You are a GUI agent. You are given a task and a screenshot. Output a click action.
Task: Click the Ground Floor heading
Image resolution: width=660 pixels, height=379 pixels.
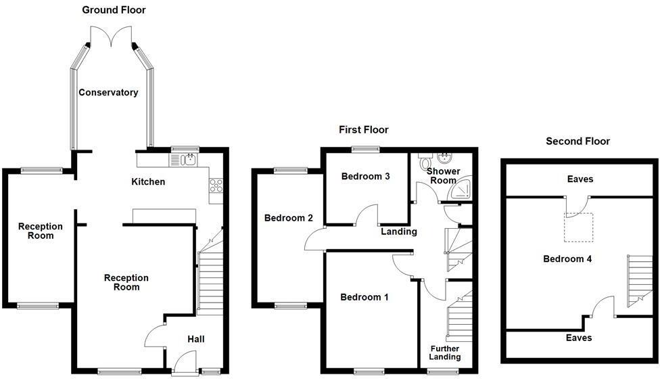tap(114, 9)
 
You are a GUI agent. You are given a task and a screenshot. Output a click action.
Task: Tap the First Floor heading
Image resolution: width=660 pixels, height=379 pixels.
tap(364, 129)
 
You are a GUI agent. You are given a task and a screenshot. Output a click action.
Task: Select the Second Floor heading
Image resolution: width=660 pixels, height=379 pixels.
tap(577, 141)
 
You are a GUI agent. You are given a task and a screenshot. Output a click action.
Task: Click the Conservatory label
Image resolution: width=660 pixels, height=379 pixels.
tap(108, 93)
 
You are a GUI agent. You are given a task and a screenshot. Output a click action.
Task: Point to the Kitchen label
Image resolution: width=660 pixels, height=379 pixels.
tap(147, 182)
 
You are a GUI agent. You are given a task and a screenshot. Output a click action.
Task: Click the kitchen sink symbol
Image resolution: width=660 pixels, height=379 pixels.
tap(183, 160)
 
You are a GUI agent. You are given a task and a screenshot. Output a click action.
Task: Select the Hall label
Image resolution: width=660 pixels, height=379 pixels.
tap(195, 339)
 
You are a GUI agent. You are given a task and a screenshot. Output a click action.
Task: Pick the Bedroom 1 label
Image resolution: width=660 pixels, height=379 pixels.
tap(364, 297)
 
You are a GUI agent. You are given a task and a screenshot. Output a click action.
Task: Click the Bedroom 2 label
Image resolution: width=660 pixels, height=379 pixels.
tap(288, 218)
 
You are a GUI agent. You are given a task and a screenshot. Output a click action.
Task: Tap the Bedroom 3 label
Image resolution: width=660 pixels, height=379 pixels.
tap(365, 177)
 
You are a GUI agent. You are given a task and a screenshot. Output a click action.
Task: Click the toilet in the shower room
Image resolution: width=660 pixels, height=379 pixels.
tap(425, 162)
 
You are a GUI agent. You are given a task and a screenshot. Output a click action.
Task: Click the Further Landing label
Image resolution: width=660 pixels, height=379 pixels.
tap(444, 353)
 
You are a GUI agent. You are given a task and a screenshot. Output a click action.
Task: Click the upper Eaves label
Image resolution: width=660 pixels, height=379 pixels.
tap(580, 179)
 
